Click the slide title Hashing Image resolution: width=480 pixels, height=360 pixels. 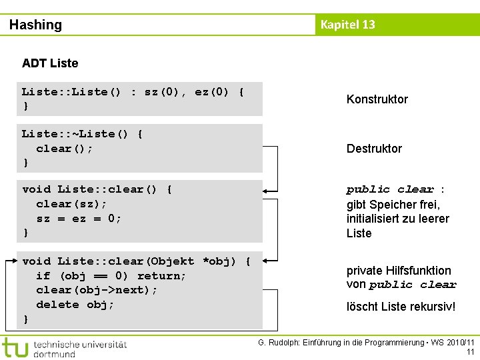pyautogui.click(x=35, y=25)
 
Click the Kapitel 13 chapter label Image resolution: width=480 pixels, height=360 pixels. pyautogui.click(x=347, y=25)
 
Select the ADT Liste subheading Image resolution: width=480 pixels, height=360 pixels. pyautogui.click(x=50, y=63)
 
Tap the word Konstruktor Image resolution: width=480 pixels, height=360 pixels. pyautogui.click(x=377, y=99)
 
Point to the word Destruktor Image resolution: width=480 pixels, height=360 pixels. pyautogui.click(x=374, y=149)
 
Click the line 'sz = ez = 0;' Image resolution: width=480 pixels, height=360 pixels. pyautogui.click(x=79, y=219)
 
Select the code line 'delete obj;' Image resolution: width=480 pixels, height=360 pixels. pyautogui.click(x=75, y=305)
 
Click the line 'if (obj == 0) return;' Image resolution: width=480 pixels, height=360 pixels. pyautogui.click(x=111, y=276)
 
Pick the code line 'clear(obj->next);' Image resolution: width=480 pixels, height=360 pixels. pyautogui.click(x=97, y=290)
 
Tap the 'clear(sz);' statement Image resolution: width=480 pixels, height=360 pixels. pyautogui.click(x=71, y=204)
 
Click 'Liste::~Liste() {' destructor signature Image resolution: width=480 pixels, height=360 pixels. pyautogui.click(x=82, y=134)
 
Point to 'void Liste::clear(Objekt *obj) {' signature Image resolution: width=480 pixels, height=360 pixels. pyautogui.click(x=136, y=261)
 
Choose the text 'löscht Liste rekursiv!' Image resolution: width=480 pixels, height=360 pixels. pyautogui.click(x=401, y=307)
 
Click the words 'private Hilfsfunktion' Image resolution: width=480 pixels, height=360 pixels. pyautogui.click(x=399, y=271)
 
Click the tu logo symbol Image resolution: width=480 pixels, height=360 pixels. pyautogui.click(x=15, y=348)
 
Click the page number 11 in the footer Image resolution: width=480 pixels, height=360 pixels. pyautogui.click(x=470, y=352)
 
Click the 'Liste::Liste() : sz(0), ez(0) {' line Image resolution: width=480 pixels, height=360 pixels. pyautogui.click(x=133, y=92)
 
